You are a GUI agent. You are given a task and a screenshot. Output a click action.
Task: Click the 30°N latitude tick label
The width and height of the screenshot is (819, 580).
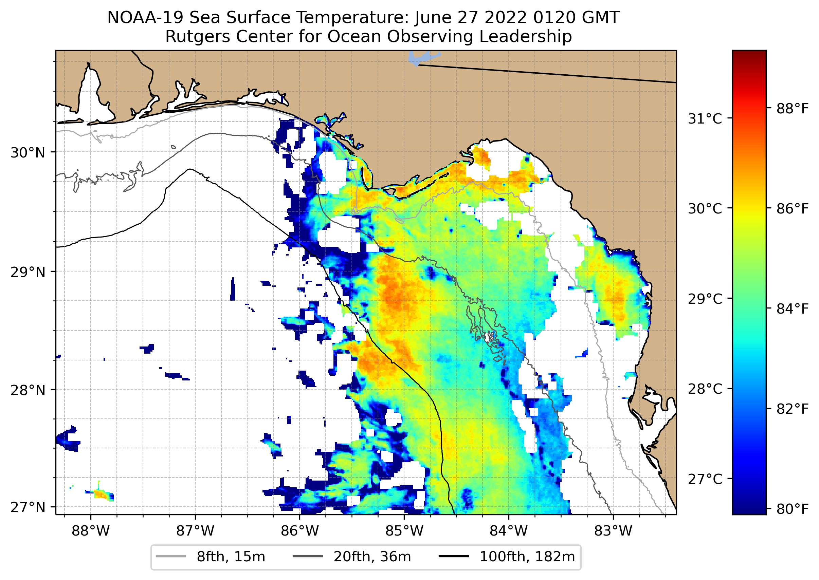point(28,153)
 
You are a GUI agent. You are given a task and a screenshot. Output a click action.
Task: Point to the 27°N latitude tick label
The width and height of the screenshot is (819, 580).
point(28,507)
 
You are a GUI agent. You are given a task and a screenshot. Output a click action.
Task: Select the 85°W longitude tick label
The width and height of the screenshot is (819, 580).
point(404,531)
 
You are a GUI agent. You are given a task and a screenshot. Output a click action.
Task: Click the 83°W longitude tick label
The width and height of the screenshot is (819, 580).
point(613,531)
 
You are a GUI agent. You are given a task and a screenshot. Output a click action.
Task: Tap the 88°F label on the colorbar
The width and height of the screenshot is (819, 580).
point(792,109)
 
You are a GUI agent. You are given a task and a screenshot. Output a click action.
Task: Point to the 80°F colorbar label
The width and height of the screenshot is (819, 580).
point(792,509)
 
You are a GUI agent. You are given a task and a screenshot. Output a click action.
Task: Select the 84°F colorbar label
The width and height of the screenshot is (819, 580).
point(792,309)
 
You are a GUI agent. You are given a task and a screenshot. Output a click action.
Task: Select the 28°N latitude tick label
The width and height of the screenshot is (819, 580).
point(28,390)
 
